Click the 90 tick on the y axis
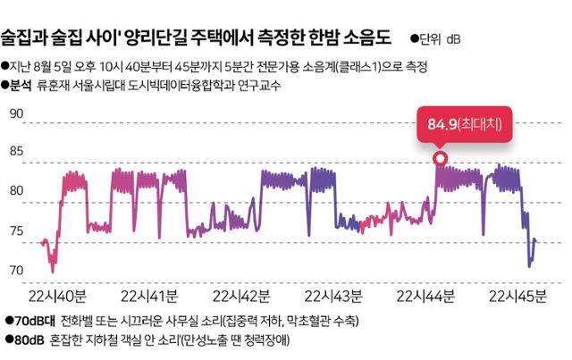(16, 114)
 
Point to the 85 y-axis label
(16, 152)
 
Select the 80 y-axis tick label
(16, 191)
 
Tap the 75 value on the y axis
(16, 231)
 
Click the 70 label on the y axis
(16, 270)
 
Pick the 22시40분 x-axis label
(57, 296)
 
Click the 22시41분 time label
(147, 296)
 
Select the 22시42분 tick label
(239, 296)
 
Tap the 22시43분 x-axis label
(332, 296)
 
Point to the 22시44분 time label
(425, 296)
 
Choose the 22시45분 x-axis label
(516, 296)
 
